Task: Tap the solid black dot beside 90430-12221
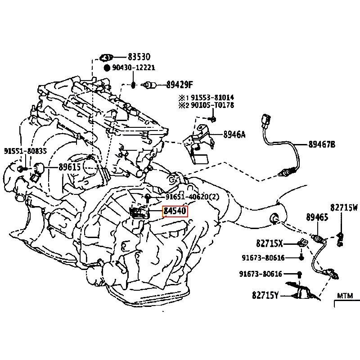click(x=107, y=68)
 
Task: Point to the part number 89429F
click(x=179, y=84)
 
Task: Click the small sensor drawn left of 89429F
click(x=150, y=84)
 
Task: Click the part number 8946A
click(x=234, y=134)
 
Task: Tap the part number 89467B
click(x=322, y=144)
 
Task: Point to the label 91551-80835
click(x=26, y=151)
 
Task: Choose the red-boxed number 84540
click(x=175, y=211)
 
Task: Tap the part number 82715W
click(x=344, y=207)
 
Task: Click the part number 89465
click(x=317, y=217)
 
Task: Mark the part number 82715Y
click(x=265, y=295)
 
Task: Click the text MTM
click(x=346, y=296)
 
